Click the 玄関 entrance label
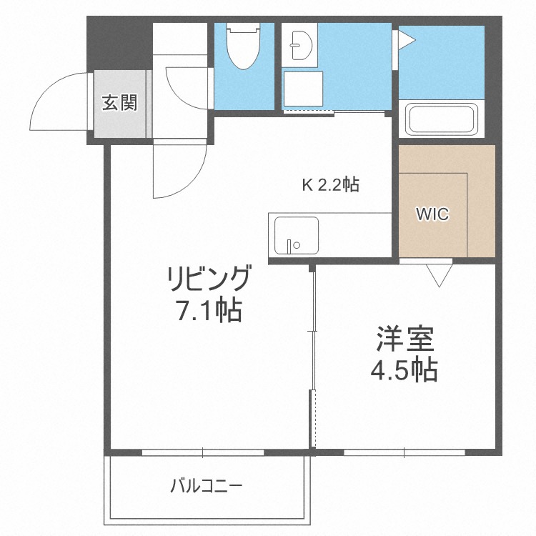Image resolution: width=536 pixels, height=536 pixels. tap(119, 104)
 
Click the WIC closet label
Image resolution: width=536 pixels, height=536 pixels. tap(433, 214)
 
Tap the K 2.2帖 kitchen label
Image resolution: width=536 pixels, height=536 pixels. tap(329, 185)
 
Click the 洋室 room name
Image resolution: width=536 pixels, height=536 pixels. tap(404, 339)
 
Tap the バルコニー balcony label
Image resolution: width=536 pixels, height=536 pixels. tap(207, 487)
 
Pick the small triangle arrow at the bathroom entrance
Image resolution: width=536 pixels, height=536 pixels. tap(405, 39)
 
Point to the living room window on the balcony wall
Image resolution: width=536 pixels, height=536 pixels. tap(202, 452)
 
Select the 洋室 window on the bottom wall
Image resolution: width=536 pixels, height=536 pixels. tap(404, 452)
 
